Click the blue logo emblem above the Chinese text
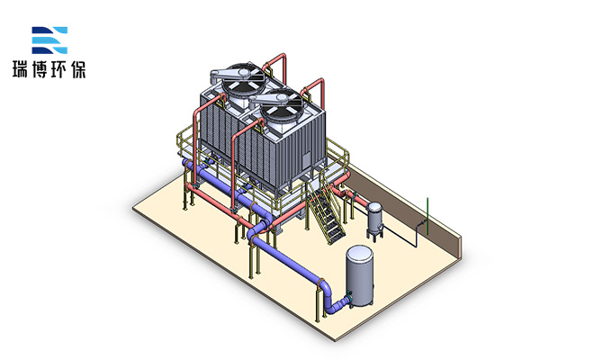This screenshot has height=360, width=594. [49, 40]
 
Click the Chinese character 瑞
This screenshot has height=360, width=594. [21, 69]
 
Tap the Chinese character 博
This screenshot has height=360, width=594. [40, 69]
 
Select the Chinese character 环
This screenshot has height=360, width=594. [58, 69]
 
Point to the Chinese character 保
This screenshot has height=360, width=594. [78, 69]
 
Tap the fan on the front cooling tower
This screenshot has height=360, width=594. [281, 108]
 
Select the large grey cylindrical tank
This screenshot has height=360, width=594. [359, 275]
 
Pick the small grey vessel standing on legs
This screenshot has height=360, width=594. [374, 220]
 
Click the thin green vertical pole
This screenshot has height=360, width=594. [427, 216]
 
